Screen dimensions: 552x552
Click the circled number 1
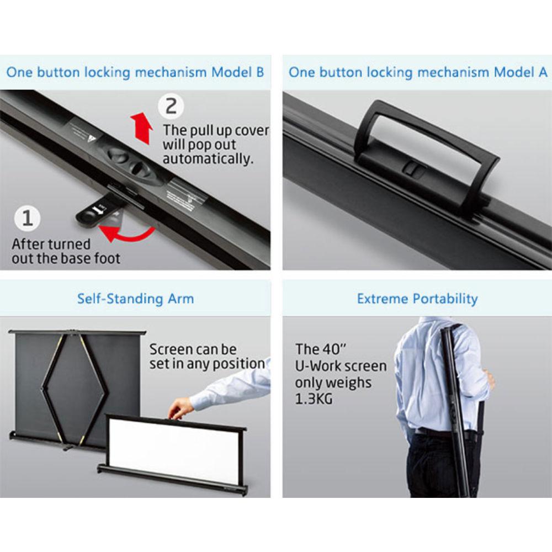pyautogui.click(x=28, y=218)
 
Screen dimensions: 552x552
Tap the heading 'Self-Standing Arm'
pyautogui.click(x=136, y=299)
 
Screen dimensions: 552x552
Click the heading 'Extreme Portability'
pyautogui.click(x=417, y=299)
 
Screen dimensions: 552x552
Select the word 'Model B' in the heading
pyautogui.click(x=237, y=72)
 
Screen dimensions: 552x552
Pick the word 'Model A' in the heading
pyautogui.click(x=521, y=72)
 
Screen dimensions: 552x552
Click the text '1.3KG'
pyautogui.click(x=314, y=399)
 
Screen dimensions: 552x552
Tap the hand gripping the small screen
pyautogui.click(x=180, y=409)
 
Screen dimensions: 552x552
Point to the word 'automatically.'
pyautogui.click(x=208, y=159)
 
